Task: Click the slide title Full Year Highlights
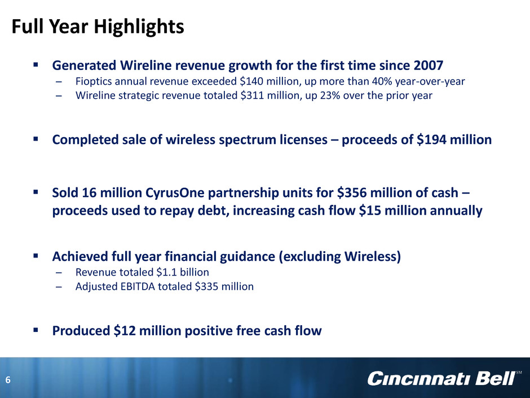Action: coord(98,27)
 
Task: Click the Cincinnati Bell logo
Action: coord(442,378)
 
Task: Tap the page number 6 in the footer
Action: coord(8,380)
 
